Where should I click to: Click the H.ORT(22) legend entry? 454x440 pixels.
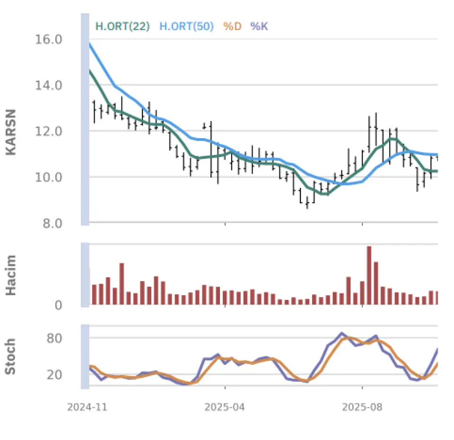click(122, 26)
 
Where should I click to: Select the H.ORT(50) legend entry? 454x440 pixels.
click(186, 26)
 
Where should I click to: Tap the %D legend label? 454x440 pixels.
click(232, 26)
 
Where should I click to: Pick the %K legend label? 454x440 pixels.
click(259, 26)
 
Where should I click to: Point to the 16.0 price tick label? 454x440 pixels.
click(49, 39)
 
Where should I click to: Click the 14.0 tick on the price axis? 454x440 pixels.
click(49, 85)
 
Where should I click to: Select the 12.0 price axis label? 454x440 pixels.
click(49, 131)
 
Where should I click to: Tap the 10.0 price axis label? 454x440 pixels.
click(49, 177)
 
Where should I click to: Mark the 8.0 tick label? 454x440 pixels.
click(52, 223)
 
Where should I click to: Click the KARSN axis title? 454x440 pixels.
click(11, 132)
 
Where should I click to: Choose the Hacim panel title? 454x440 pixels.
click(11, 275)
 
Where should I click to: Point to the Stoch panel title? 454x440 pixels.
click(11, 356)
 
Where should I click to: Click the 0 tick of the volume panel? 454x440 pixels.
click(59, 306)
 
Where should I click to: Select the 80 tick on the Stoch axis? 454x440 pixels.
click(55, 338)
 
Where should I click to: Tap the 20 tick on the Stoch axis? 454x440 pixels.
click(55, 375)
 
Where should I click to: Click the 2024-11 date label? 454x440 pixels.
click(87, 406)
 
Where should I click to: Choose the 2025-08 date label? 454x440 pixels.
click(362, 406)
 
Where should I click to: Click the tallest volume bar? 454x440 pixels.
click(369, 275)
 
